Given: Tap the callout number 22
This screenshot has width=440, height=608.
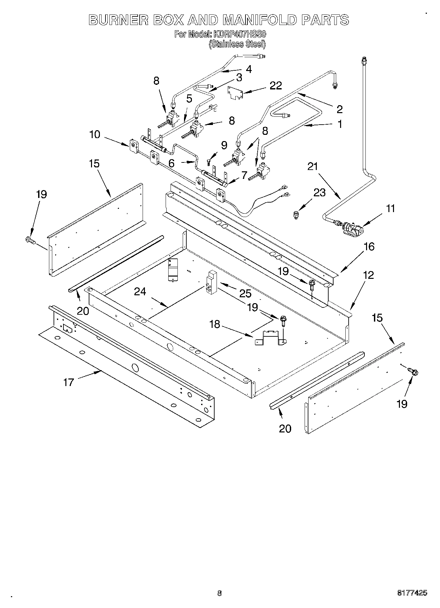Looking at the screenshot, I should coord(275,85).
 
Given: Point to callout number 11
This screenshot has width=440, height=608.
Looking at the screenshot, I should coord(390,208).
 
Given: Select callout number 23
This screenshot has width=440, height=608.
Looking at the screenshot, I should coord(319,192).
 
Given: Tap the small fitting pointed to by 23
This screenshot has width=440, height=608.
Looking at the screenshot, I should coord(296,215).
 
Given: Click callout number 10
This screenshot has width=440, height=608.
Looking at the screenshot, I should coord(95,134).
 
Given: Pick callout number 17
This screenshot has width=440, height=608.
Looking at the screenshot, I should coord(69,382).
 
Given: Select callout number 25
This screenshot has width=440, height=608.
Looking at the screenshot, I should coord(245,293).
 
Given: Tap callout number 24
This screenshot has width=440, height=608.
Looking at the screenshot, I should coord(140,292).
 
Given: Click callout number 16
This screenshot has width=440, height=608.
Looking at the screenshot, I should coord(369,247).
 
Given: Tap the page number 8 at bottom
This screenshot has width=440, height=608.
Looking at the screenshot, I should coord(220,594).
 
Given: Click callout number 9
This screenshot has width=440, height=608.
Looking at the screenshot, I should coord(224,145).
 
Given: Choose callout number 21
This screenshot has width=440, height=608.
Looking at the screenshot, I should coord(313,167).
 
